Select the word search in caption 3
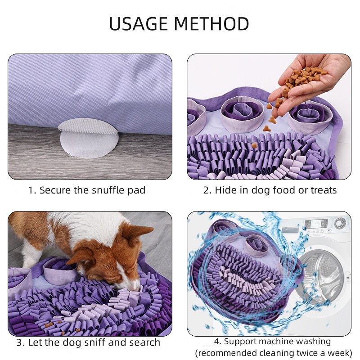144,342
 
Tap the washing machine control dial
340,223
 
